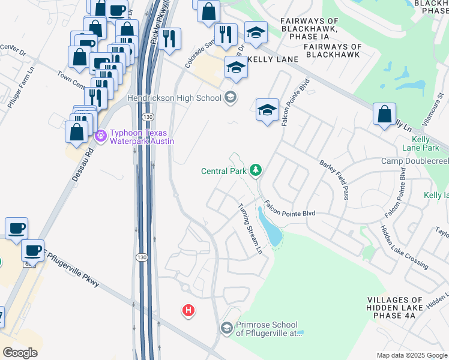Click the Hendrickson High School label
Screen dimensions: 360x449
pos(174,97)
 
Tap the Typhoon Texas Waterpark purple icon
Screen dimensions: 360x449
pos(101,137)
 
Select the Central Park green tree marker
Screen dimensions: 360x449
pos(256,171)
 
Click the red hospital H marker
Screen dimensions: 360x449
pos(188,310)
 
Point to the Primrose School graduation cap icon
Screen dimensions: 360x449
pos(226,328)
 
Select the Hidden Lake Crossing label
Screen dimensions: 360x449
pos(404,247)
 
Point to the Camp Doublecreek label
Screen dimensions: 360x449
pos(415,161)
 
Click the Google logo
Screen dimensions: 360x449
pos(20,353)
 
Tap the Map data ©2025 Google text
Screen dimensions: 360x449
pos(411,355)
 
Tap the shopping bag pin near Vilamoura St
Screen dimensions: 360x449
pos(384,114)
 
